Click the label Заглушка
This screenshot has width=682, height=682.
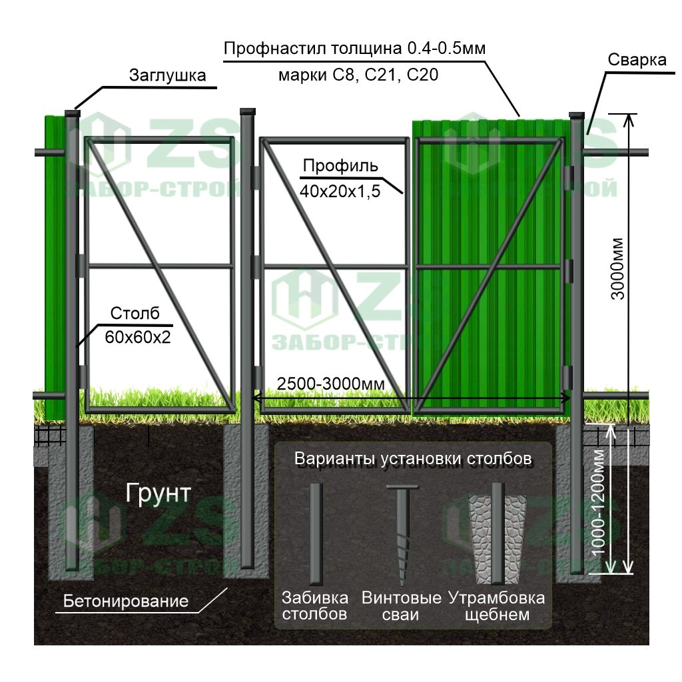[167, 75]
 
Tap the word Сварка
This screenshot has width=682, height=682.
[637, 60]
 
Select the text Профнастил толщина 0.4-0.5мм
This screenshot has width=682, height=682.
[356, 49]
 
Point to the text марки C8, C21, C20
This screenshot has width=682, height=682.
[358, 75]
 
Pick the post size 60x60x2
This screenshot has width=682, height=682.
[138, 338]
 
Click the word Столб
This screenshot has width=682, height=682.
[135, 314]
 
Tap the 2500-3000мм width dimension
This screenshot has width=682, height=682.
[331, 384]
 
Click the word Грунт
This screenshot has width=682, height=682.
[158, 494]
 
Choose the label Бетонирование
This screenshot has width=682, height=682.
[126, 601]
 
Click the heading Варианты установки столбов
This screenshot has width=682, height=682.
[413, 460]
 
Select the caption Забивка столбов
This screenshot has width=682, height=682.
[314, 605]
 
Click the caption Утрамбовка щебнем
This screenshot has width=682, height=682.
[497, 605]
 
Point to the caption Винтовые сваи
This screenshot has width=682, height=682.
[401, 605]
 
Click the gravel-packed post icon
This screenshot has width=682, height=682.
[496, 533]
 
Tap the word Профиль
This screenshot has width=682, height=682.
[340, 166]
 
